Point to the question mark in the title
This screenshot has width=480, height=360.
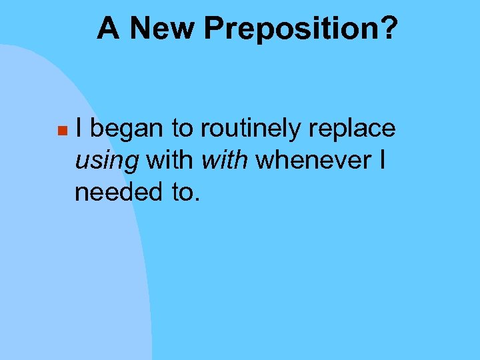[x=389, y=29]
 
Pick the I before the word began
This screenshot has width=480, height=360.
[x=79, y=128]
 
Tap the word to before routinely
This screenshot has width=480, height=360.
[x=181, y=129]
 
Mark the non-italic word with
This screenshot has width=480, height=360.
[x=170, y=160]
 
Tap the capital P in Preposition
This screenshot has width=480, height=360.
[x=215, y=29]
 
